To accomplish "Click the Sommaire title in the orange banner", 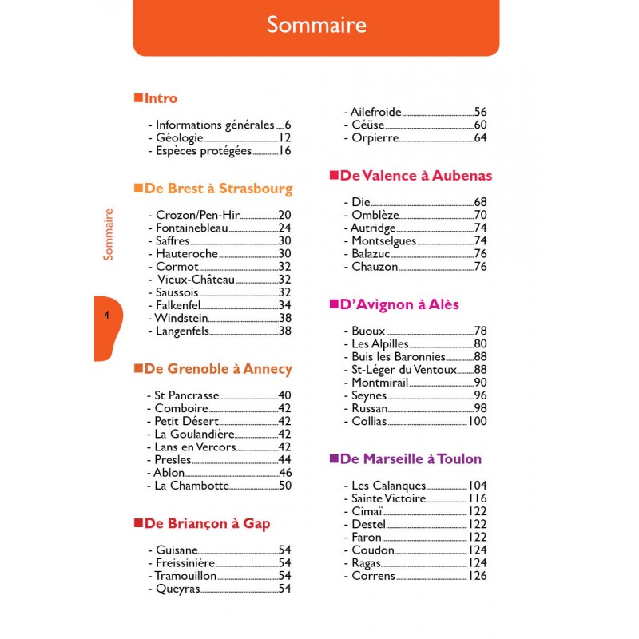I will coord(316,25).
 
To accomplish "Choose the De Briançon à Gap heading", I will coord(207,523).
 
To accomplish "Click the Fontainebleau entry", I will coord(192,228).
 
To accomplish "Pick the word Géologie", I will coord(180,137).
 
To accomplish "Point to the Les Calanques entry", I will coord(388,486).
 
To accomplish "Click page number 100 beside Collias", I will coord(478,421).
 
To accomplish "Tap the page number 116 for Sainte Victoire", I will coord(478,498).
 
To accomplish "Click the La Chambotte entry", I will coord(192,485).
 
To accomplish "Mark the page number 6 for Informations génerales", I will coord(288,125).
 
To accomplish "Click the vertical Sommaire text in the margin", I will coord(108,234).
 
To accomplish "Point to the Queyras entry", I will coord(177,589).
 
